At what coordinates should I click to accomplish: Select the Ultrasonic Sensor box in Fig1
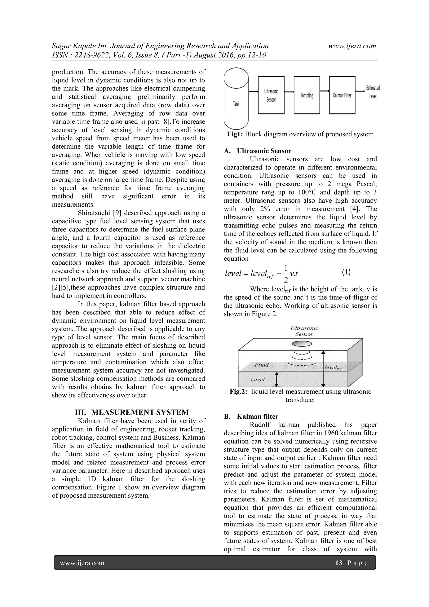click(271, 95)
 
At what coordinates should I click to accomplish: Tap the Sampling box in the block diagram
click(307, 95)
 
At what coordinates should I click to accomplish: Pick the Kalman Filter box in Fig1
click(342, 95)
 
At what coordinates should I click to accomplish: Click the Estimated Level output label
click(373, 92)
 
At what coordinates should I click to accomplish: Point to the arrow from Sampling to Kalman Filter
click(325, 92)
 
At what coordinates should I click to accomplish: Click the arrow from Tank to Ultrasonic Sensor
click(253, 92)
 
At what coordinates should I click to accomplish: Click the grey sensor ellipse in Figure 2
click(302, 344)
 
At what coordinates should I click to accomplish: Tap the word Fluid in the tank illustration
click(261, 365)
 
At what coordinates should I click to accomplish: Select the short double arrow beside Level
click(277, 379)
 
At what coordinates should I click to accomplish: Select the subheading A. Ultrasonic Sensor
click(257, 151)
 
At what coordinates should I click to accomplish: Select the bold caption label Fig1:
click(235, 134)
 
